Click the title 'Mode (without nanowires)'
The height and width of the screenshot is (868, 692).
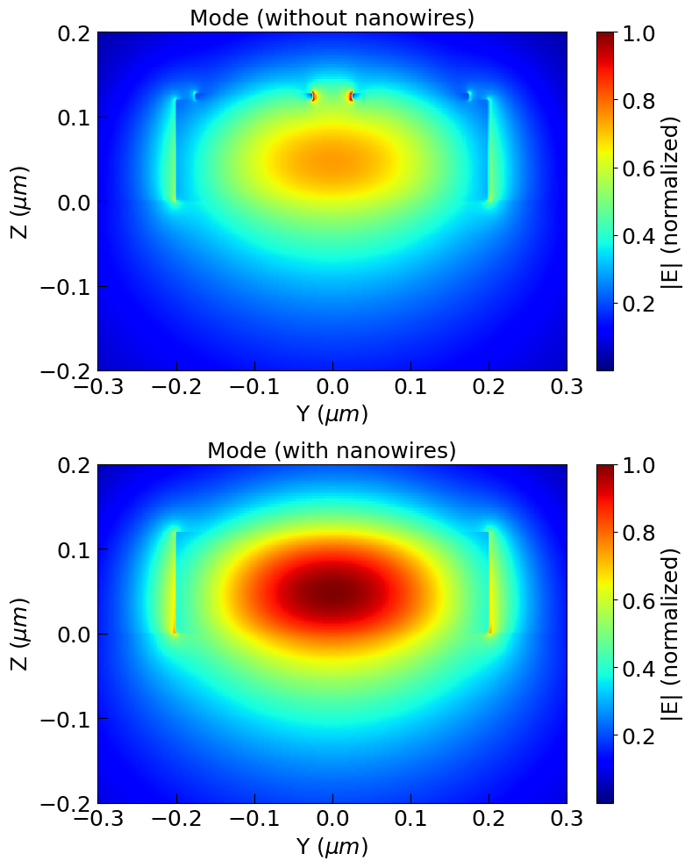pyautogui.click(x=332, y=18)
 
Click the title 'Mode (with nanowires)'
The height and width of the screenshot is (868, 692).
pyautogui.click(x=332, y=451)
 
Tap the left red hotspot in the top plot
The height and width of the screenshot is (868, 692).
pyautogui.click(x=313, y=97)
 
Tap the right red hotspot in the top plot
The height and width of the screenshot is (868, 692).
pyautogui.click(x=351, y=97)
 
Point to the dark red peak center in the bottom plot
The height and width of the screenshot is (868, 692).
pyautogui.click(x=332, y=593)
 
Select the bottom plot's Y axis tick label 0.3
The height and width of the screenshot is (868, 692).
pyautogui.click(x=567, y=821)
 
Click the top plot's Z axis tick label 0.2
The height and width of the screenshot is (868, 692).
pyautogui.click(x=74, y=32)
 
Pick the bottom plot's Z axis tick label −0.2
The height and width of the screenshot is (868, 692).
pyautogui.click(x=68, y=803)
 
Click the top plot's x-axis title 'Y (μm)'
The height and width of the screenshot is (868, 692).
pyautogui.click(x=332, y=413)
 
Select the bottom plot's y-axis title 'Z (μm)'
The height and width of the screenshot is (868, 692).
pyautogui.click(x=20, y=634)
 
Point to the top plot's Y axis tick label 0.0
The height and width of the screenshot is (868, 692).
pyautogui.click(x=332, y=389)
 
